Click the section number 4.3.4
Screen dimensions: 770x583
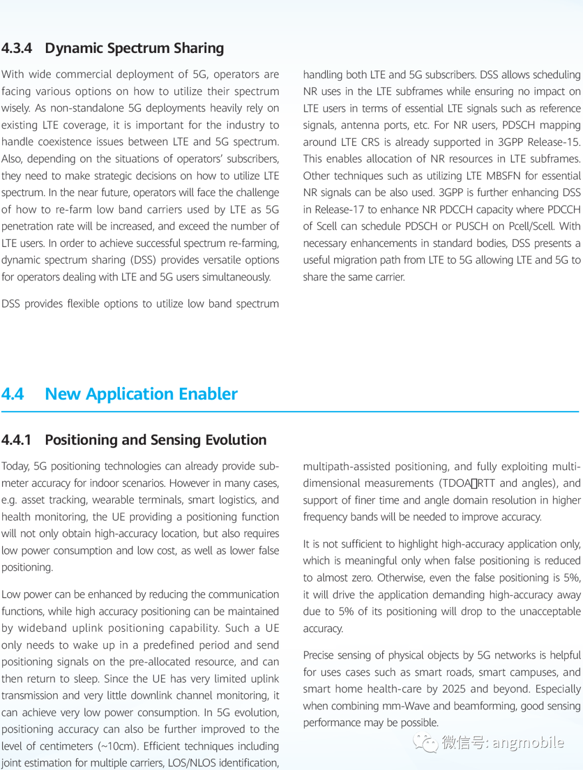(x=17, y=48)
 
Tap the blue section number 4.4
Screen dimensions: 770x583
(x=12, y=394)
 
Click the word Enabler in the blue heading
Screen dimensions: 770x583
(x=208, y=394)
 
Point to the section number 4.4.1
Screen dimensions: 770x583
(x=16, y=440)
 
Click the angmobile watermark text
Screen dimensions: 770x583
(x=528, y=742)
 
